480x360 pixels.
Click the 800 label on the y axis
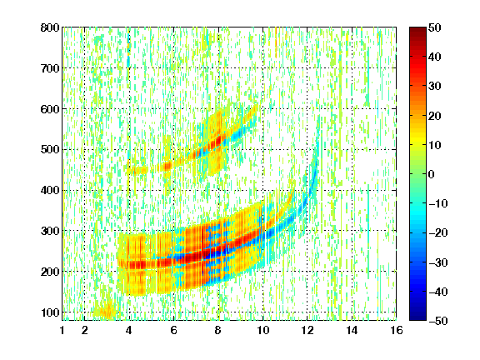[50, 27]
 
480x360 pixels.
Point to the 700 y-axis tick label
[50, 68]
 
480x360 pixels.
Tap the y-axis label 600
[50, 109]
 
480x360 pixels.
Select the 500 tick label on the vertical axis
[50, 150]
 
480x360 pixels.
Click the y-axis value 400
[50, 190]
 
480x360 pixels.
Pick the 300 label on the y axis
[50, 231]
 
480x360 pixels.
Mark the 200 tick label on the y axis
[50, 272]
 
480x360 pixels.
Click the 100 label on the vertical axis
[50, 312]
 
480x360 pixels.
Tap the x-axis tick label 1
[62, 330]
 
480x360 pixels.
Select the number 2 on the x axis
[85, 330]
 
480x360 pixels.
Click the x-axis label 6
[174, 330]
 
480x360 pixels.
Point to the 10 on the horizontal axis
[263, 330]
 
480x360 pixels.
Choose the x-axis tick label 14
[352, 330]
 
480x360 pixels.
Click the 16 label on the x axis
[397, 330]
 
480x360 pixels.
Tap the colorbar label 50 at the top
[435, 27]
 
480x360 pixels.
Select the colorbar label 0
[432, 174]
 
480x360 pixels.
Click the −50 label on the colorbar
[438, 321]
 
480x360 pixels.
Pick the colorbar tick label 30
[435, 87]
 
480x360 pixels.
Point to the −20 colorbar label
[438, 233]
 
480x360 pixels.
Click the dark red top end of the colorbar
[417, 29]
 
